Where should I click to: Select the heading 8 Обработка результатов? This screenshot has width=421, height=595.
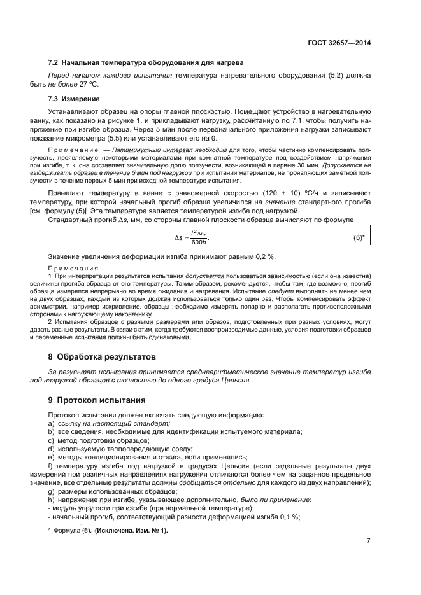(102, 357)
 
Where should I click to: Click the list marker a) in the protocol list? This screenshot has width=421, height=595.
(51, 423)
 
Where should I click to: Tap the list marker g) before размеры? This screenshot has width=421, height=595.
(51, 491)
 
